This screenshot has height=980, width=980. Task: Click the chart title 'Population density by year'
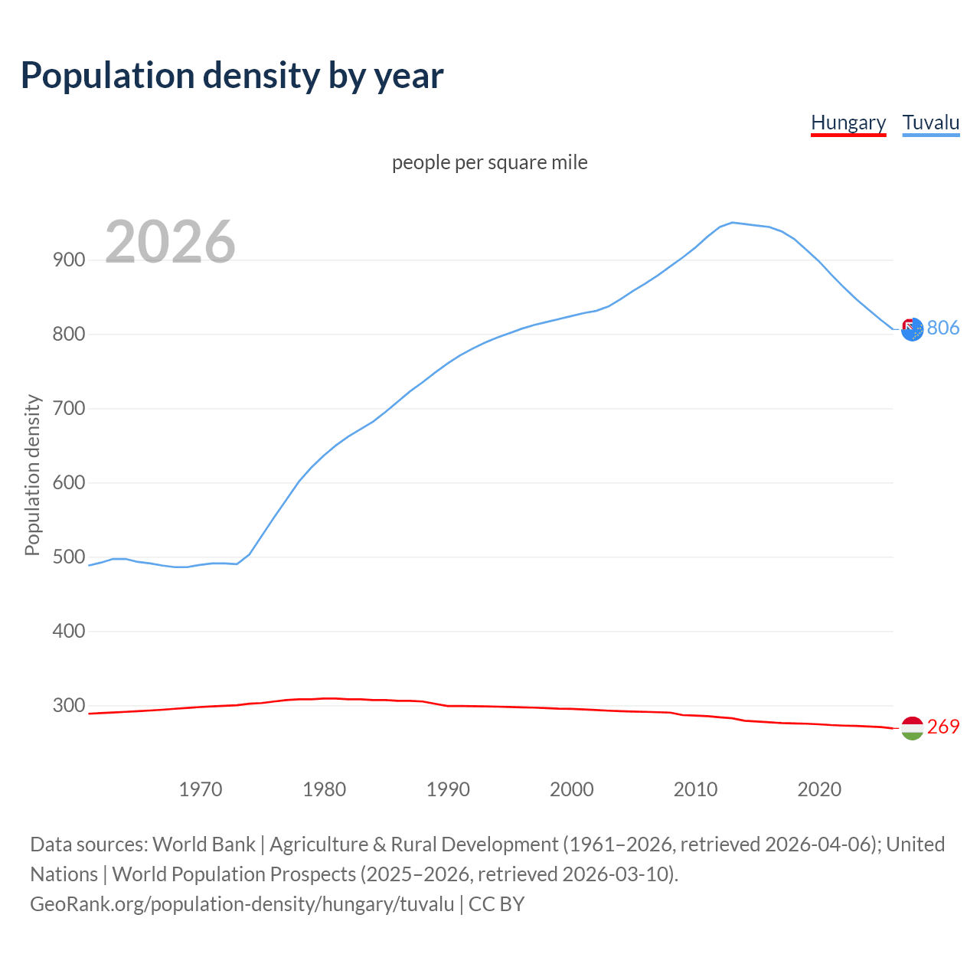pyautogui.click(x=232, y=76)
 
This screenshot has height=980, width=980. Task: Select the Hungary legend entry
pyautogui.click(x=848, y=122)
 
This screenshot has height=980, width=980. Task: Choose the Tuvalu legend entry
pyautogui.click(x=930, y=122)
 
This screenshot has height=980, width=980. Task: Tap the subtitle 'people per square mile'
pyautogui.click(x=489, y=163)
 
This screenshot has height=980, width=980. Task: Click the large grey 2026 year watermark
pyautogui.click(x=170, y=242)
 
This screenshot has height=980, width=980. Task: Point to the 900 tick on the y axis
pyautogui.click(x=69, y=260)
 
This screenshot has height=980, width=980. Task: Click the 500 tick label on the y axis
pyautogui.click(x=69, y=557)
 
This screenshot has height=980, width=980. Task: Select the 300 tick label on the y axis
pyautogui.click(x=69, y=706)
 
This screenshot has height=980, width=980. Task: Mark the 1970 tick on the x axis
pyautogui.click(x=201, y=789)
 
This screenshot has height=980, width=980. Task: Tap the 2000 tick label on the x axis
pyautogui.click(x=572, y=789)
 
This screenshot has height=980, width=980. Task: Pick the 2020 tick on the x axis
pyautogui.click(x=819, y=789)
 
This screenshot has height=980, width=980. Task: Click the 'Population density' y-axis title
pyautogui.click(x=32, y=475)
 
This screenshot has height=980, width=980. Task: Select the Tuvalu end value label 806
pyautogui.click(x=943, y=328)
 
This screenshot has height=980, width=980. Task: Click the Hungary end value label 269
pyautogui.click(x=943, y=727)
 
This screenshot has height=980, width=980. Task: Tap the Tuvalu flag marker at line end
pyautogui.click(x=912, y=329)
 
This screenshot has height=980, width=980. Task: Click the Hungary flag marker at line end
pyautogui.click(x=912, y=728)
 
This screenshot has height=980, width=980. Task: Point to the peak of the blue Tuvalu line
pyautogui.click(x=733, y=223)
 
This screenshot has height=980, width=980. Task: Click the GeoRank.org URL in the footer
pyautogui.click(x=242, y=904)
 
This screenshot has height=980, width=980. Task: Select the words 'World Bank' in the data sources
pyautogui.click(x=204, y=844)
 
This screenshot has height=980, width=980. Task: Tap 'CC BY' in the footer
pyautogui.click(x=496, y=904)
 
